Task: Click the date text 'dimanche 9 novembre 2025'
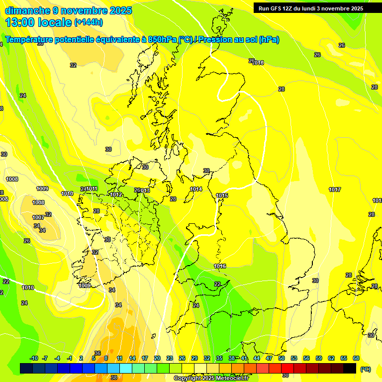(68, 10)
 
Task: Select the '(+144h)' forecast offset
(89, 22)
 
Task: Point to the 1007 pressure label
(38, 217)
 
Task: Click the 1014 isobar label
(196, 189)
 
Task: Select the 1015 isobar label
(222, 195)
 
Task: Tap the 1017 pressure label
(335, 190)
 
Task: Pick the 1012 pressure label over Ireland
(116, 194)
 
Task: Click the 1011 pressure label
(92, 189)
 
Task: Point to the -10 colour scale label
(34, 358)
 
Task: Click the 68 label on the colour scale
(356, 358)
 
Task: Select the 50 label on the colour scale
(282, 358)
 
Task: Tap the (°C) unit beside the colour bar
(365, 369)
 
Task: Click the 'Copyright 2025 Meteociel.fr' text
(211, 378)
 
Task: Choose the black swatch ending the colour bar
(350, 368)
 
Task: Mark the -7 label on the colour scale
(45, 358)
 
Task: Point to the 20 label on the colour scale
(157, 358)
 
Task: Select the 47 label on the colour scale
(269, 358)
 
